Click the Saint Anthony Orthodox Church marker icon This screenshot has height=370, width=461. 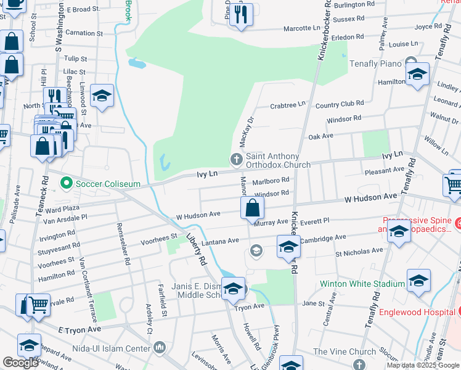[x=235, y=160]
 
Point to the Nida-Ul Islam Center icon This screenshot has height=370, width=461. [x=160, y=348]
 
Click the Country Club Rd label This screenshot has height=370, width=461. [x=340, y=105]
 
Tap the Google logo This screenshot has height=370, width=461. [x=20, y=363]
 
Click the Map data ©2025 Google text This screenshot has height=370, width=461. [x=423, y=365]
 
